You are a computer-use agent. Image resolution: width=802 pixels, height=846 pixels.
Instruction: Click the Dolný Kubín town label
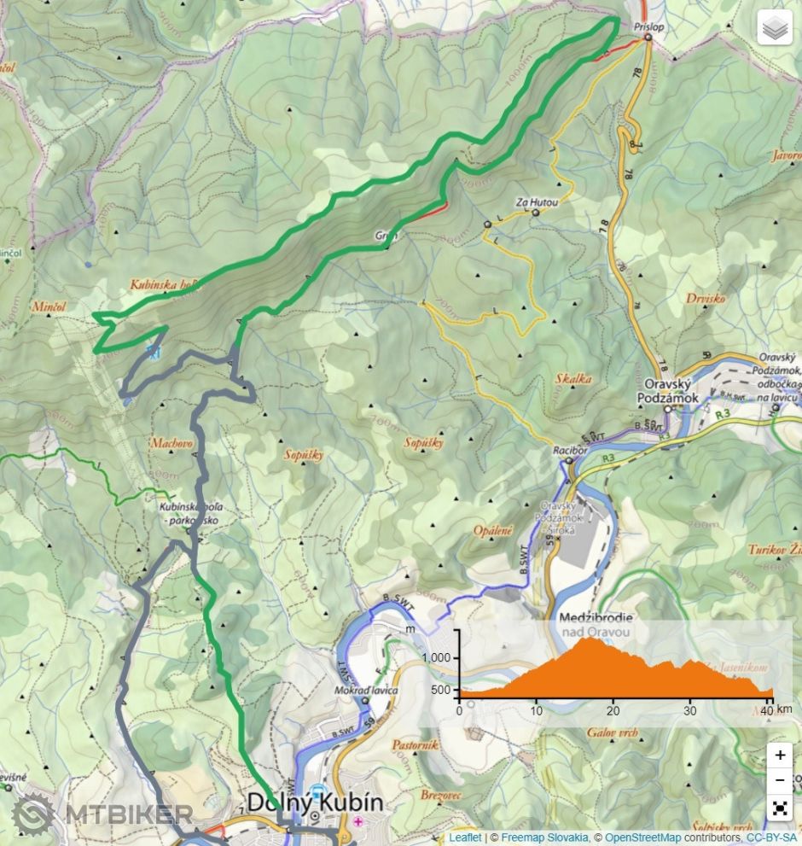pos(315,802)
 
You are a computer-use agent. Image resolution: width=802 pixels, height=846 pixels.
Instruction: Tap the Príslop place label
pos(648,27)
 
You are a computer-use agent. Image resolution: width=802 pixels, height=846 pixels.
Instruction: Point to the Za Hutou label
pos(537,202)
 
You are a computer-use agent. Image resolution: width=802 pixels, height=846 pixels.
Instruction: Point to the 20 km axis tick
pos(613,710)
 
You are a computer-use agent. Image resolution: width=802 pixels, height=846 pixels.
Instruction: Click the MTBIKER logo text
pos(128,814)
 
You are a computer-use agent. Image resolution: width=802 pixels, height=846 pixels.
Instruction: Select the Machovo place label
pos(171,444)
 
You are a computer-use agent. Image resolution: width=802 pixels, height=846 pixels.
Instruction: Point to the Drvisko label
pos(705,299)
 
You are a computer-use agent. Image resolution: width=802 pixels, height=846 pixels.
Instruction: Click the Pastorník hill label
pos(414,744)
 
